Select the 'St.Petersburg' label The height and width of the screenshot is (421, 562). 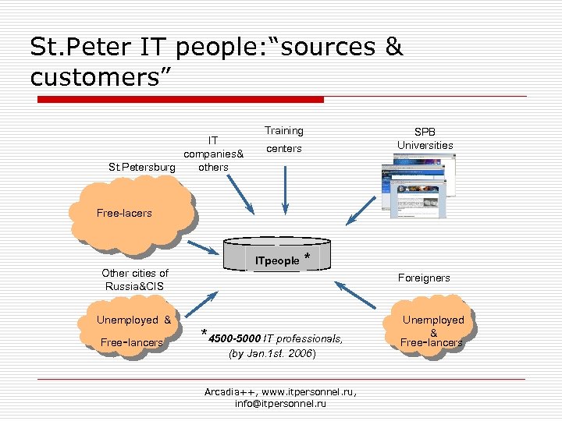142,167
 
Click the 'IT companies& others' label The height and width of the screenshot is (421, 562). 213,154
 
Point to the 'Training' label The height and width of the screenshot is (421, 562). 283,130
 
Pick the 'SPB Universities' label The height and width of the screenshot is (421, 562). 425,139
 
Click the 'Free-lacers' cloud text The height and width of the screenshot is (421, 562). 124,212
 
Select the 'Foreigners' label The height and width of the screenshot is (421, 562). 424,278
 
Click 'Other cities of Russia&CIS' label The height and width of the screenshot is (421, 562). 135,279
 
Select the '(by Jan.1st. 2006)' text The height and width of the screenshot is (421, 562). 272,353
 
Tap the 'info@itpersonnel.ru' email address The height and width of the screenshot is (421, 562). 280,404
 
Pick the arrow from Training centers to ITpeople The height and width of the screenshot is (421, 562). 285,187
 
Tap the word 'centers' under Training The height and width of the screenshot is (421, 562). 283,148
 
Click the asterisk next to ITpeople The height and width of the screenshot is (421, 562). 308,257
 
